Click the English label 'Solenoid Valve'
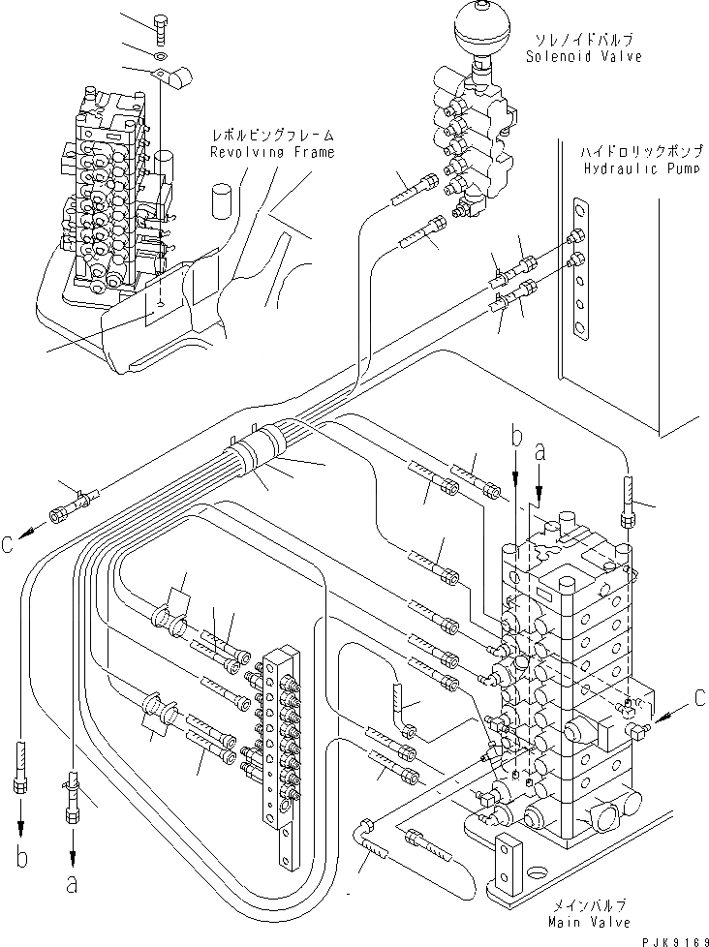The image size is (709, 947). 584,56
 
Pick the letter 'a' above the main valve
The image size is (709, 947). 539,450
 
